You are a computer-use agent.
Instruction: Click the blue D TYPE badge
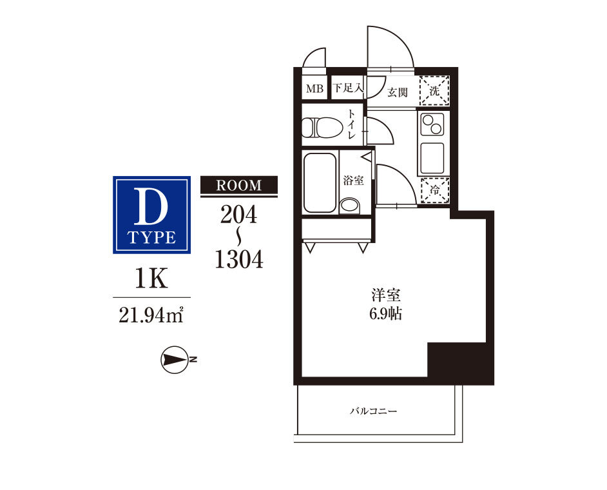(x=151, y=215)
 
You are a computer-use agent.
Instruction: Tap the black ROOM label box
(x=239, y=185)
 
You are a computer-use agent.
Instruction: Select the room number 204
(x=239, y=214)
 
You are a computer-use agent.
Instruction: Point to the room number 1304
(x=239, y=259)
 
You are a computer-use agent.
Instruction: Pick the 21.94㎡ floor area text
(x=151, y=315)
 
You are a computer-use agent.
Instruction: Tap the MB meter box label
(x=314, y=89)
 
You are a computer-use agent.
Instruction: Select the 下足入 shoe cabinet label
(x=348, y=88)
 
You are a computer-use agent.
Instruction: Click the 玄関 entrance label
(x=398, y=92)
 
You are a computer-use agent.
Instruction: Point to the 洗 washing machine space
(x=435, y=91)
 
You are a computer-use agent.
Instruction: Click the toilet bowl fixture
(x=322, y=128)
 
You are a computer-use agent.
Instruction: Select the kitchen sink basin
(x=432, y=158)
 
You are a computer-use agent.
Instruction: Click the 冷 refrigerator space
(x=435, y=190)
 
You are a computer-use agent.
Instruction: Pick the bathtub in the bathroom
(x=320, y=182)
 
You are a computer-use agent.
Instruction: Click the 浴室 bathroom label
(x=353, y=180)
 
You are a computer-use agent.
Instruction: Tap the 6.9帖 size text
(x=385, y=314)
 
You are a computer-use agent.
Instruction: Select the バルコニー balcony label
(x=374, y=411)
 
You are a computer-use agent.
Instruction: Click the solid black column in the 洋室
(x=456, y=360)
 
